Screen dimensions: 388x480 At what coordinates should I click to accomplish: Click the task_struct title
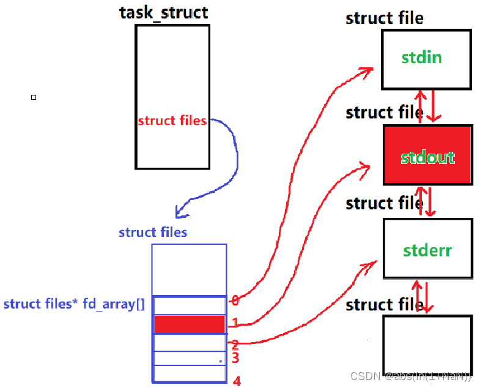pos(163,12)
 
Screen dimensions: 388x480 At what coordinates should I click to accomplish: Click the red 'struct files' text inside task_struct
pos(172,121)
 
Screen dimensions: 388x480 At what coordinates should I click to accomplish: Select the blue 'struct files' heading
pos(153,232)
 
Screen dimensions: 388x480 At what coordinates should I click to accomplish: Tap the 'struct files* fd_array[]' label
pos(74,304)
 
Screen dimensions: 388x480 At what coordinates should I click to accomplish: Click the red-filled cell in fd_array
pos(189,324)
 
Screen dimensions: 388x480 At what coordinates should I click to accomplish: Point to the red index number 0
pos(234,300)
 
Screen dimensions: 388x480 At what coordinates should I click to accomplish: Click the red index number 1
pos(234,322)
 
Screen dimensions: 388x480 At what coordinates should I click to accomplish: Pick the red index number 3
pos(235,358)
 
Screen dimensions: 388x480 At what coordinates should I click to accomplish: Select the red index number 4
pos(237,381)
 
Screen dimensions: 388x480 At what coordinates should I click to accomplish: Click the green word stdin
pos(421,58)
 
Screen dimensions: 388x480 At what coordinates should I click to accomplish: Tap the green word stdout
pos(428,157)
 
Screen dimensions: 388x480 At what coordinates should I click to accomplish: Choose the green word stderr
pos(427,250)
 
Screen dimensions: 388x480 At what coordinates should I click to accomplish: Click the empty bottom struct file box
pos(427,348)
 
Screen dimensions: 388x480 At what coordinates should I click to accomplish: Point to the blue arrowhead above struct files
pos(180,212)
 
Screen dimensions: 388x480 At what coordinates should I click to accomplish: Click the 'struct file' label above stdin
pos(384,18)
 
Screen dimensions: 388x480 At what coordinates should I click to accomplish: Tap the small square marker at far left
pos(34,97)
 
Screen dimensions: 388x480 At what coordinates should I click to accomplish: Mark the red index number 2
pos(235,345)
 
